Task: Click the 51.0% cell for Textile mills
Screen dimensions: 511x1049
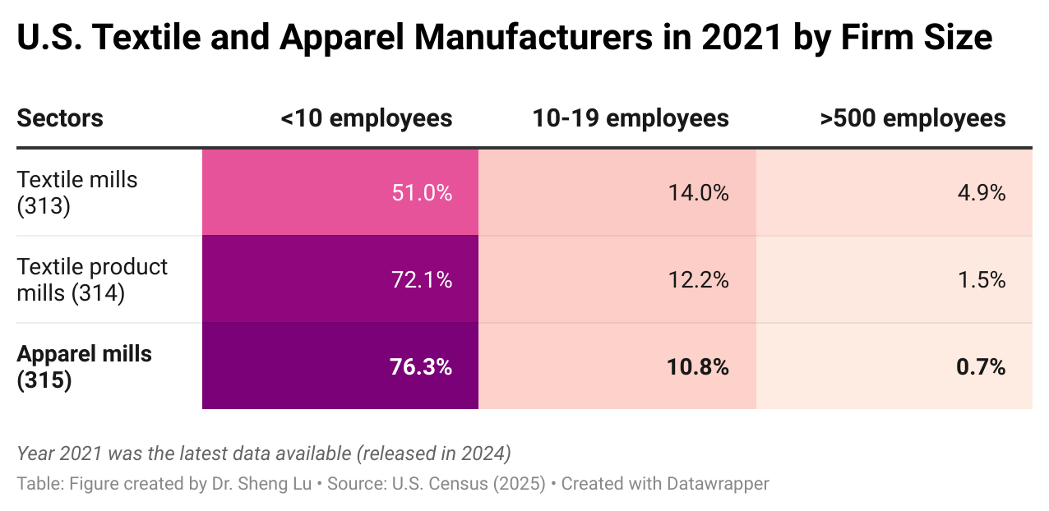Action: point(421,193)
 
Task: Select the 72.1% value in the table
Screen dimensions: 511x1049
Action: point(421,280)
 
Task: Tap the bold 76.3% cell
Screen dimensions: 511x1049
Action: point(421,366)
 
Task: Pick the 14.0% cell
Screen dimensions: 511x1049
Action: point(698,193)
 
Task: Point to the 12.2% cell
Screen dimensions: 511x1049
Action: point(698,280)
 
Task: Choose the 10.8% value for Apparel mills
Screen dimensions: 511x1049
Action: point(698,366)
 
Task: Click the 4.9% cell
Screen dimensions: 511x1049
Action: point(981,193)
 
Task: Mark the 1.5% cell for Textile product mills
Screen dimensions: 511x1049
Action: point(981,280)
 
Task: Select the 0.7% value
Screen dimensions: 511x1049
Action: point(981,366)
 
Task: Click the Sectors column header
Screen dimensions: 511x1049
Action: point(60,118)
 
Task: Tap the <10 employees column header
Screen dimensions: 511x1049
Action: point(366,118)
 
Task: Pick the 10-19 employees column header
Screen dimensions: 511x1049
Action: point(631,118)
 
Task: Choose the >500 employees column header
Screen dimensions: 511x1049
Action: point(913,118)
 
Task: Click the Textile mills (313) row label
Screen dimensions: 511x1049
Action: point(77,192)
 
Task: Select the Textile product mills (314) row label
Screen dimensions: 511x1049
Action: point(92,279)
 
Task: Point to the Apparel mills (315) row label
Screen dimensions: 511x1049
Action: point(84,366)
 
